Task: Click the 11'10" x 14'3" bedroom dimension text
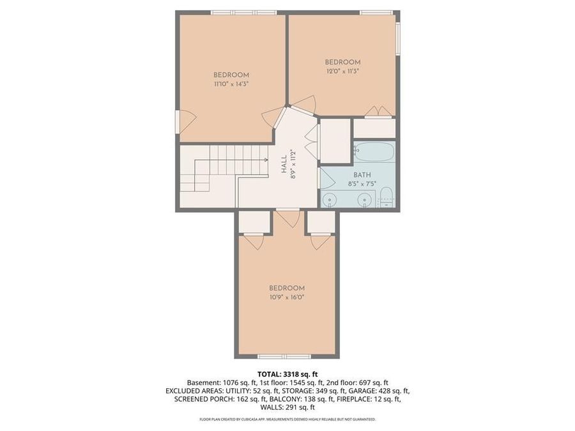click(231, 84)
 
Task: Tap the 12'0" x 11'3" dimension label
click(343, 71)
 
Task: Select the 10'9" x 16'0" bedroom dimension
click(286, 297)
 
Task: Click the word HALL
click(284, 165)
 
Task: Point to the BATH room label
click(362, 175)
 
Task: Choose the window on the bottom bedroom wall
click(284, 356)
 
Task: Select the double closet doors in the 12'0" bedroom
click(379, 112)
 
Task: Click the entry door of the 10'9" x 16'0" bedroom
click(289, 218)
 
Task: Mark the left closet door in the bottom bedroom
click(254, 242)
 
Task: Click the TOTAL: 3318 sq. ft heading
click(287, 374)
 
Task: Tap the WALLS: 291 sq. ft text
click(287, 407)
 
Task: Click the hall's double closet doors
click(312, 142)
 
